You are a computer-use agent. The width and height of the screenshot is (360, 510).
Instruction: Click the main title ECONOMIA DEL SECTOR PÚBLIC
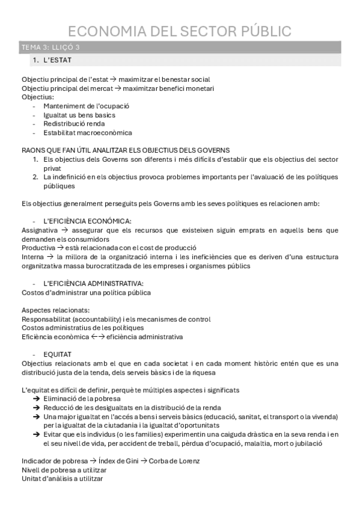180,31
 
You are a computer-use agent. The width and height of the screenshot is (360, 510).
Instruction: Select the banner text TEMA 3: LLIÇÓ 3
50,48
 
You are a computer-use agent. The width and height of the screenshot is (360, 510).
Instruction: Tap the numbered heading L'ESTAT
58,60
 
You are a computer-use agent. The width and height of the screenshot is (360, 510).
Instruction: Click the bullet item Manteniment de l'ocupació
86,106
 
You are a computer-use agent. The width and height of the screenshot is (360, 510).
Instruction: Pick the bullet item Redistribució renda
74,123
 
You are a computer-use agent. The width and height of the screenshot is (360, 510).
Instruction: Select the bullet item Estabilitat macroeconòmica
88,132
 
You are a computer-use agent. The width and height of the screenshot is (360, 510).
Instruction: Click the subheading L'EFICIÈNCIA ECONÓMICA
87,221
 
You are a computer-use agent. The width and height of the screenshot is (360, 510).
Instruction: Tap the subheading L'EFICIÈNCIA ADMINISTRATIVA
93,283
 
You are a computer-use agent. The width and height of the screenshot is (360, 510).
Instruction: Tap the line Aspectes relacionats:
55,310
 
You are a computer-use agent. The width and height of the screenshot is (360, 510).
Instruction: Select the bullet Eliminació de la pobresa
82,399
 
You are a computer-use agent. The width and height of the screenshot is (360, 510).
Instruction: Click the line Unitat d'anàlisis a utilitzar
62,479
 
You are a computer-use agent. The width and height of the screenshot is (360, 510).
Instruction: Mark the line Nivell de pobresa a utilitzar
62,470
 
